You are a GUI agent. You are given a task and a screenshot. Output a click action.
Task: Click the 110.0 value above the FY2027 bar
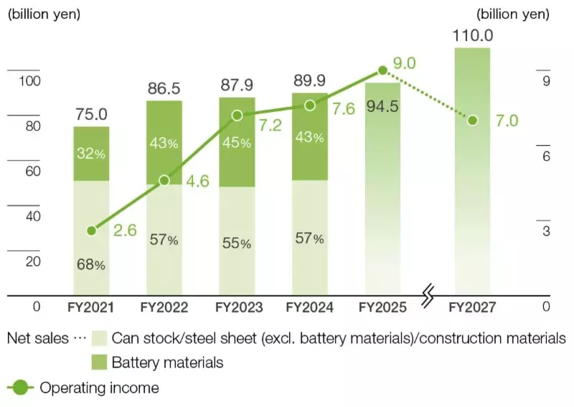tap(473, 34)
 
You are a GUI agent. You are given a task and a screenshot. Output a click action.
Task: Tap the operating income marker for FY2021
tap(91, 230)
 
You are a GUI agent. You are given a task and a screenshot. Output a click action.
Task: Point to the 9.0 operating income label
tap(405, 63)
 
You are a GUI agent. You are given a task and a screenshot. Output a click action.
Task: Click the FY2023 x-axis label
tap(237, 307)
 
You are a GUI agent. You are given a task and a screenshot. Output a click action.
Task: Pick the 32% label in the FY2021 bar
tap(91, 153)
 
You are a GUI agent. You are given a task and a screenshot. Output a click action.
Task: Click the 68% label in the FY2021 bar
tap(91, 264)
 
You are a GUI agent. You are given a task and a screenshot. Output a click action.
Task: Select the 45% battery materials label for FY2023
tap(237, 143)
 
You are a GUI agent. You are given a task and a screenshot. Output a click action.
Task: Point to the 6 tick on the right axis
tap(546, 156)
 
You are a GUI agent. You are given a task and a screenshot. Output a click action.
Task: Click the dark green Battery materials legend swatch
tap(99, 362)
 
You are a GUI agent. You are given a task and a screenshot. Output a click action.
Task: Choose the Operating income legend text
tap(99, 388)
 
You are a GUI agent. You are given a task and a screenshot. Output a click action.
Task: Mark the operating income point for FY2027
tap(472, 120)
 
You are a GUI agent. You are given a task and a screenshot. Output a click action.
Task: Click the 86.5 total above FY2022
tap(164, 89)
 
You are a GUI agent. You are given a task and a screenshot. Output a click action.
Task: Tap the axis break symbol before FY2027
tap(428, 295)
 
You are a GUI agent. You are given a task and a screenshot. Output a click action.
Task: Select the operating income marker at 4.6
tap(164, 180)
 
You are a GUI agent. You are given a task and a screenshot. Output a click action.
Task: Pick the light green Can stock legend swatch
tap(99, 337)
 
